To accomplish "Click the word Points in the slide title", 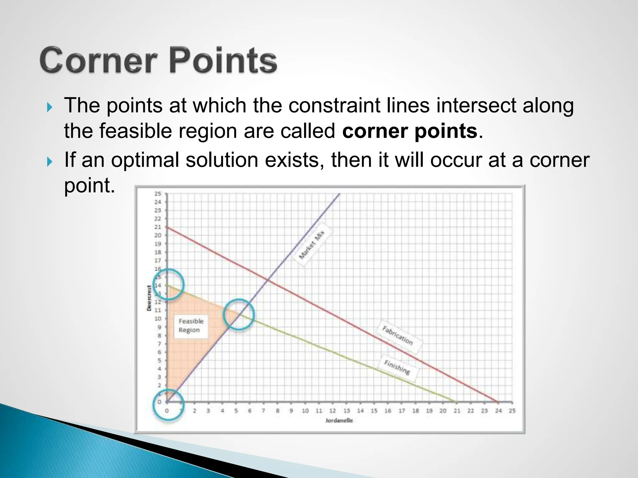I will pos(223,60).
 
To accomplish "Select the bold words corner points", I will pos(409,131).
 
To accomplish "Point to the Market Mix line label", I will pos(312,244).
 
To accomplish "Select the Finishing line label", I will pos(397,368).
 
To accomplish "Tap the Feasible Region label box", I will pos(191,326).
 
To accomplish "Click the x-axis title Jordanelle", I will pos(339,420).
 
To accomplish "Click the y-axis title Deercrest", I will pos(149,298).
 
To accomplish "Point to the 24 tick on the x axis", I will pos(498,411).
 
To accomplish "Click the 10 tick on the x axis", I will pos(305,411).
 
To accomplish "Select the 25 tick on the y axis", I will pos(158,194).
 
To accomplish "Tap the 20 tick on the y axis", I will pos(158,235).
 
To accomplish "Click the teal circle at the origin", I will pos(169,404).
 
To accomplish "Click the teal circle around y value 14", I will pos(169,284).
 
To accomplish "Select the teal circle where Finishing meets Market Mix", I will pos(239,314).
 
